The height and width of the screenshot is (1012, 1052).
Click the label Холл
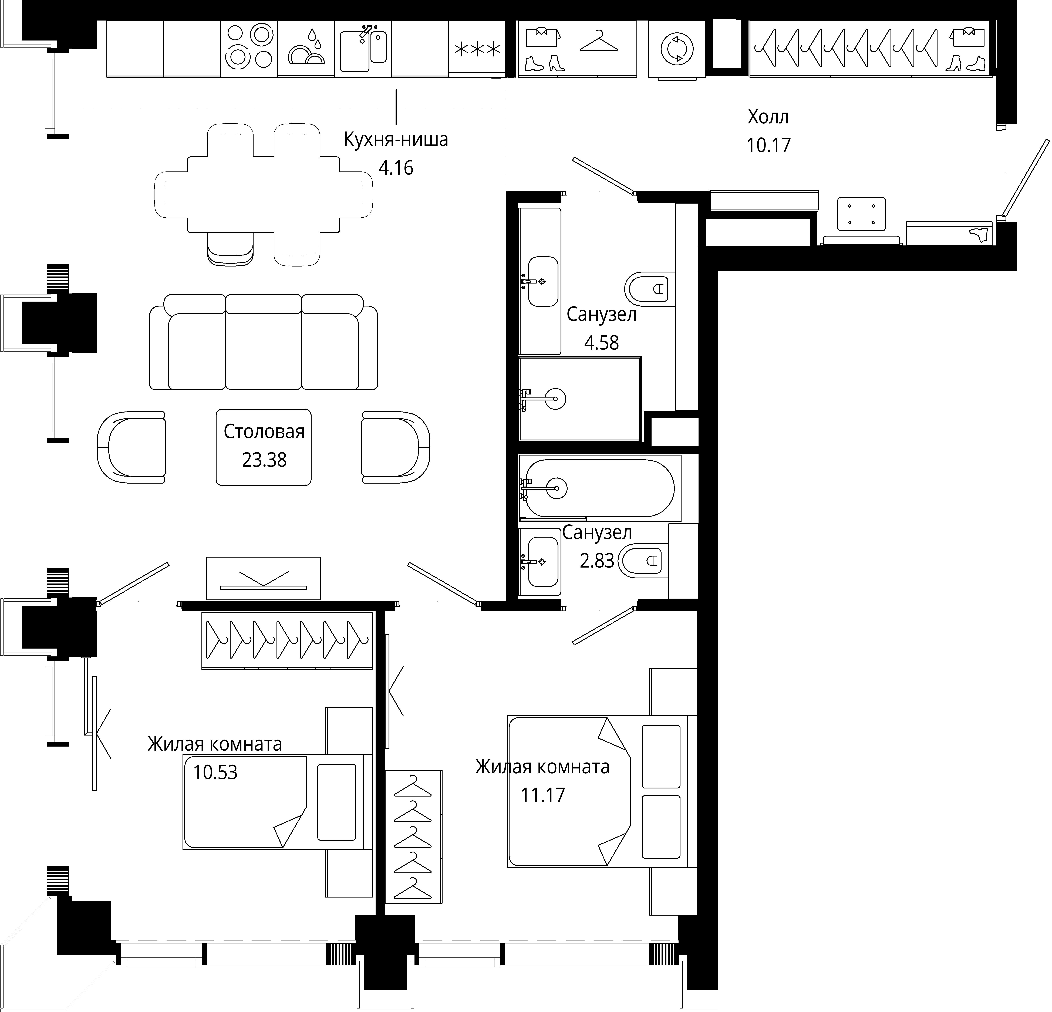[x=768, y=116]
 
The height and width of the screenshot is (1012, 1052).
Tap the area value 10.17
[x=769, y=145]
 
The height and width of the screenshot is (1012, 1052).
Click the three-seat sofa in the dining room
[x=264, y=342]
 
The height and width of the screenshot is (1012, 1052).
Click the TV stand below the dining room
[x=264, y=578]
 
